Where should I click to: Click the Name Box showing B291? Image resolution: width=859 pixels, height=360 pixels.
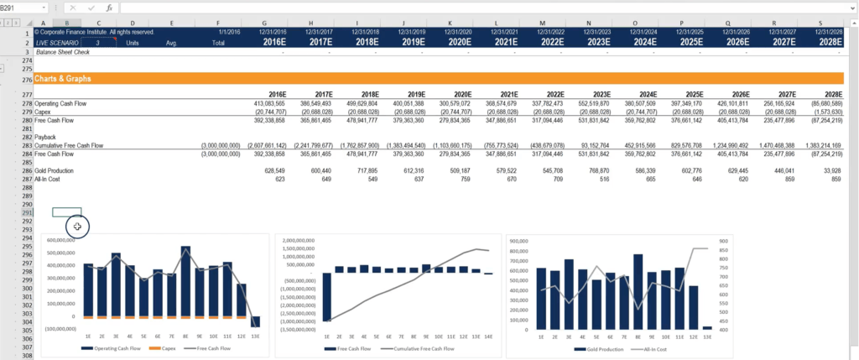(25, 7)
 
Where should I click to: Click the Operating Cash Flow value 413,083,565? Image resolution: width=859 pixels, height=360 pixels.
(268, 102)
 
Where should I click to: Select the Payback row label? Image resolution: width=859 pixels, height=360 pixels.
(46, 136)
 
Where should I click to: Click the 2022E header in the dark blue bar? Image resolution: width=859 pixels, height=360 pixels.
(551, 41)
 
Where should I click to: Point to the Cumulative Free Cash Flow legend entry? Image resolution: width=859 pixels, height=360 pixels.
(419, 347)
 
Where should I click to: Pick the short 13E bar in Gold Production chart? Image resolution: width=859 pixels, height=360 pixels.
(707, 327)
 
